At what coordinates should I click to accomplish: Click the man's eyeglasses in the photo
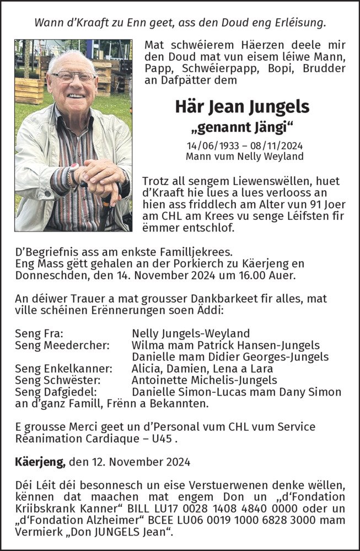tap(74, 77)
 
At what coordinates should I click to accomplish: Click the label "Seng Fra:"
tap(39, 333)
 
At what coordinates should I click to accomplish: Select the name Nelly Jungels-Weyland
tap(191, 333)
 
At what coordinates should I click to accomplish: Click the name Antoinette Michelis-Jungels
tap(205, 380)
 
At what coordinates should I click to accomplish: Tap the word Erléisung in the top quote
tap(298, 23)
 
